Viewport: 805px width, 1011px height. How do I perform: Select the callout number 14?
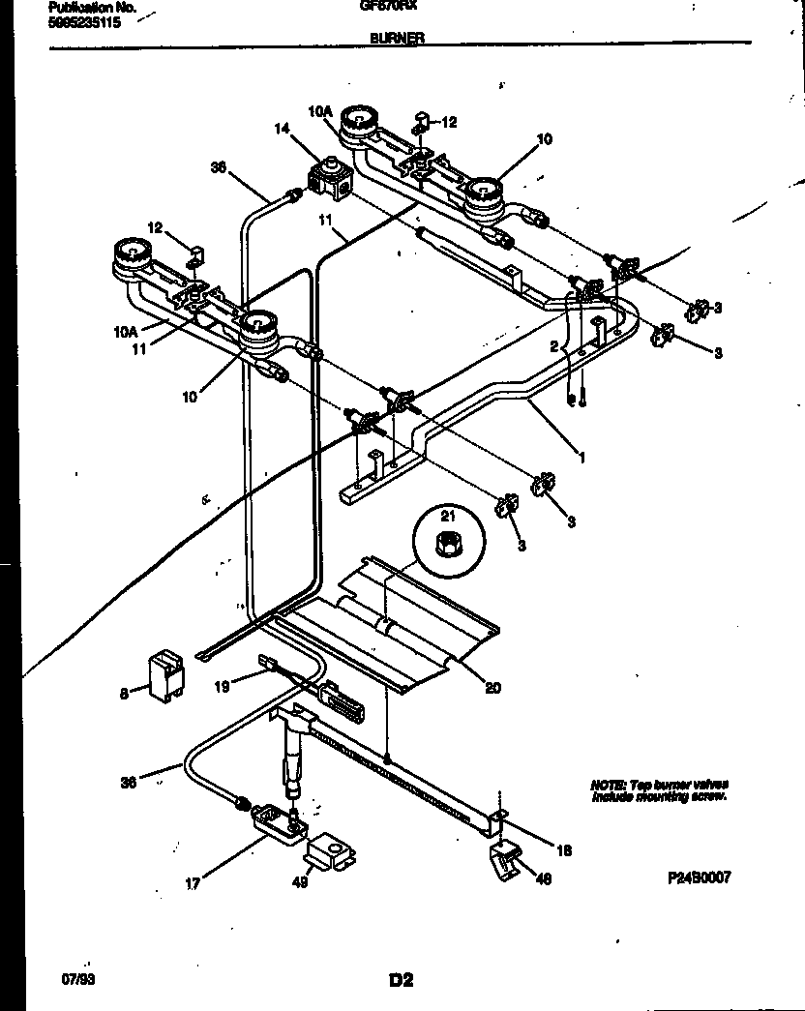[282, 127]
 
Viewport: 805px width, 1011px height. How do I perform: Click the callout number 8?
[124, 692]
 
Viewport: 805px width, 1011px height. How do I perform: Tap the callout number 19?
[221, 688]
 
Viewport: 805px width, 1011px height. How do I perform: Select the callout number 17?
[194, 883]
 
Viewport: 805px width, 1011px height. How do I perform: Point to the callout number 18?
[564, 850]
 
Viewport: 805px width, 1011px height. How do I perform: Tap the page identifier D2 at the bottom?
[402, 980]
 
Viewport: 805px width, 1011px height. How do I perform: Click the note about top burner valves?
[658, 789]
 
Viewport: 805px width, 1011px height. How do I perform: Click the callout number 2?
[554, 345]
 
